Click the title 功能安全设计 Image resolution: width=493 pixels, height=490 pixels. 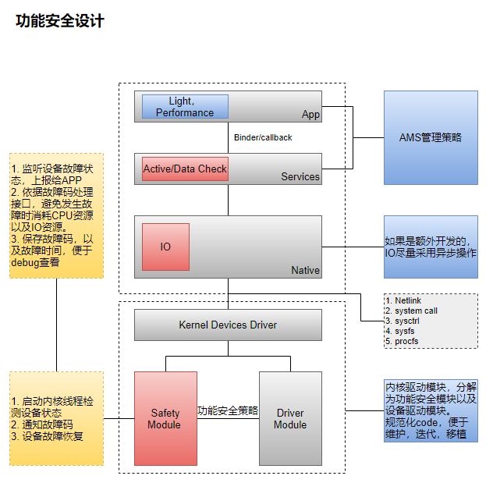59,22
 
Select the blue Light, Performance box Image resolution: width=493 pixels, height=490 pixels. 185,107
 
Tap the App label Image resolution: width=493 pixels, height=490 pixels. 310,115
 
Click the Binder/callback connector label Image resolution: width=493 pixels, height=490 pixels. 263,137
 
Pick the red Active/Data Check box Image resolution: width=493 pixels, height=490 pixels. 185,169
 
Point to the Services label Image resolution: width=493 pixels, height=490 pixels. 300,177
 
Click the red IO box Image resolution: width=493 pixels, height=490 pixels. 165,247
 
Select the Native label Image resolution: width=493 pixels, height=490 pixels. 305,270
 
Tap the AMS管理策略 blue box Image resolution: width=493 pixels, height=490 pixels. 431,137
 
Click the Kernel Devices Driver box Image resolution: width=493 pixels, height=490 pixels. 228,325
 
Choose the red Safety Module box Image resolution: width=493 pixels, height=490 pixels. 165,419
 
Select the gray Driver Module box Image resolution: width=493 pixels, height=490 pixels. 290,419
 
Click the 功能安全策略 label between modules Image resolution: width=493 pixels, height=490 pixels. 228,410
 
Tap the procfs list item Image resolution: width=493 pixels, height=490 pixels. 406,341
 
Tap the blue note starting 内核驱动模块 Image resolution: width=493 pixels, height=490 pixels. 431,410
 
